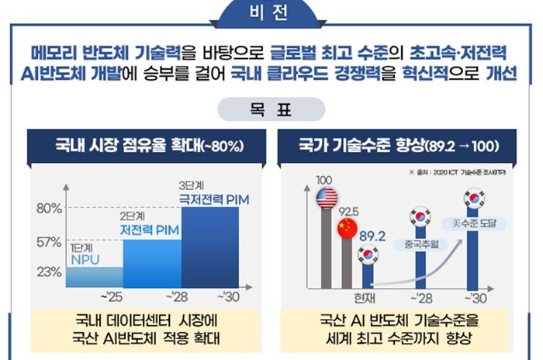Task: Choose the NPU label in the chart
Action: click(85, 258)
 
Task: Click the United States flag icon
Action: click(327, 198)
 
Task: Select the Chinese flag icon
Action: click(347, 228)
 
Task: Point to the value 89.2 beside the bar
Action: click(373, 235)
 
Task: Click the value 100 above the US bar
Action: click(324, 180)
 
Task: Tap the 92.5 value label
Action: click(349, 209)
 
